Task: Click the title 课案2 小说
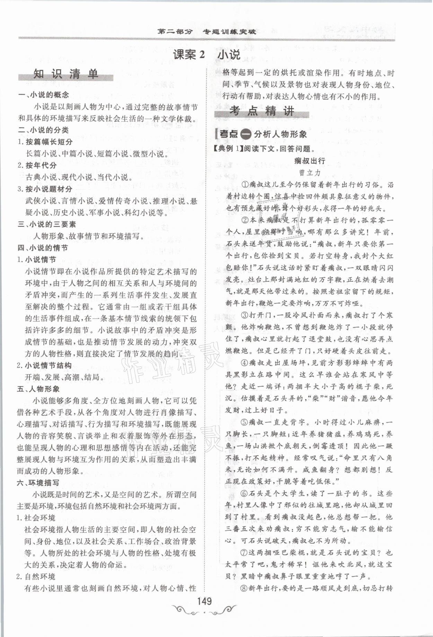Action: coord(206,55)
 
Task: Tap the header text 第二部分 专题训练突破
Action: coord(206,32)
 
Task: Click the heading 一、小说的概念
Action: coord(44,95)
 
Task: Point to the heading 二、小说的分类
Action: coord(44,130)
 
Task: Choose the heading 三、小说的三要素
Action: coord(47,224)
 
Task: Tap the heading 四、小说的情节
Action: coord(43,248)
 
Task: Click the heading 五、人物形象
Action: coord(38,389)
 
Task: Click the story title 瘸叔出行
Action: coord(309,160)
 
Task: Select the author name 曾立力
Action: coord(310,172)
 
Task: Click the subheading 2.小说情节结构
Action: coord(44,365)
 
